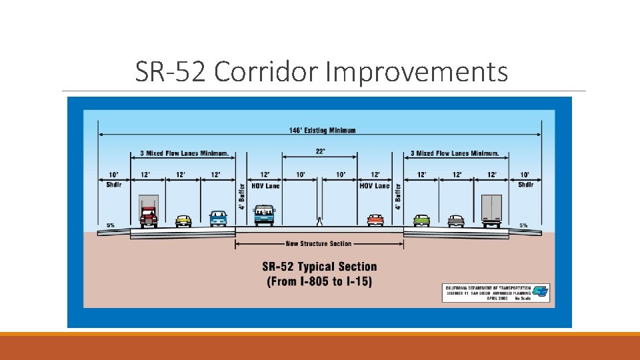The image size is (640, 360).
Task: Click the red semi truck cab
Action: click(x=149, y=215)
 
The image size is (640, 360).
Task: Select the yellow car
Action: click(x=183, y=220)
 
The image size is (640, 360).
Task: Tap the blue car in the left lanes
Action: click(x=218, y=218)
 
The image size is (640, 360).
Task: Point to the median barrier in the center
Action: click(x=320, y=221)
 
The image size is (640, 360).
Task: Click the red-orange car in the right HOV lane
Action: click(x=375, y=219)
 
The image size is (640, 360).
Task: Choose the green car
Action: click(x=421, y=219)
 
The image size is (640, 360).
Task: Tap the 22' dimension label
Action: click(x=321, y=151)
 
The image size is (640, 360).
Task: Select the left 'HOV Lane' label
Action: click(x=265, y=186)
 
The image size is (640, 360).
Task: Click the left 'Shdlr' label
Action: click(x=114, y=185)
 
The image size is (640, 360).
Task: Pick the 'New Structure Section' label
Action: click(x=318, y=244)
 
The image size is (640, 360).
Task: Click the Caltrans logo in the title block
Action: click(x=541, y=291)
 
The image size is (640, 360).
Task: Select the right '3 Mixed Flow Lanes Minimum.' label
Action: click(x=455, y=153)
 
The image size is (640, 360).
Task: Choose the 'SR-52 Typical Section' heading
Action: click(x=319, y=267)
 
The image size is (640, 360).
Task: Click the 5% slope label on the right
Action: click(x=523, y=225)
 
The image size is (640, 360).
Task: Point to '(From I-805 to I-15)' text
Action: click(x=319, y=281)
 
